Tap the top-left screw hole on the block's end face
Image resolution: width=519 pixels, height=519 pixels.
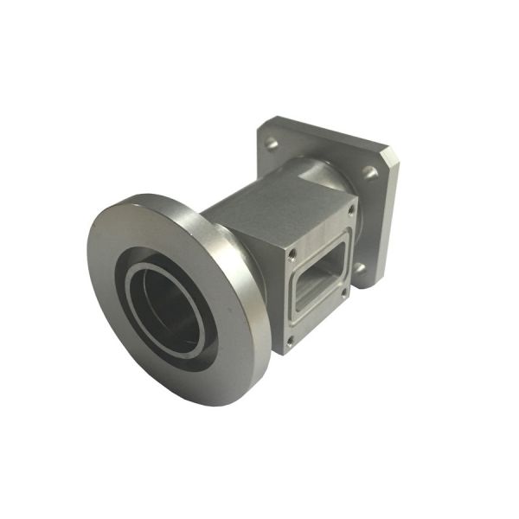(x=292, y=253)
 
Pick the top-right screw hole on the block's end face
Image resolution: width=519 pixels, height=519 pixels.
(x=350, y=208)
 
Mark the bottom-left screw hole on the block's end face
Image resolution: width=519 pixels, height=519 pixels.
(x=289, y=340)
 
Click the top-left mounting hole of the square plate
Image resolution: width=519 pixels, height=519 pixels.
(x=272, y=139)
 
